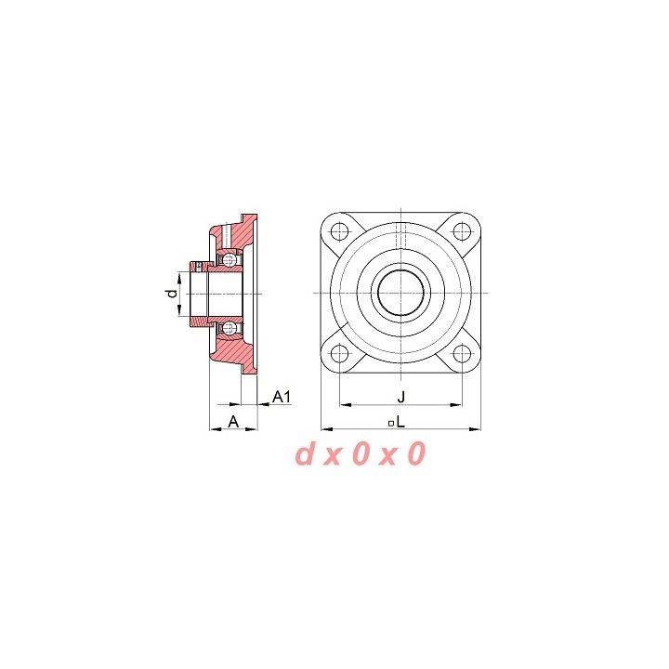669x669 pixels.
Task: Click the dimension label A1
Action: (x=282, y=397)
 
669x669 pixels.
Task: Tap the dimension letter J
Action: (x=401, y=398)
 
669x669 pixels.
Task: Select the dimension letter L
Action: (x=400, y=422)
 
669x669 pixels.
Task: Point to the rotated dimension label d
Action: (x=172, y=294)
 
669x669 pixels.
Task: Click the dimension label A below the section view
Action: (x=233, y=422)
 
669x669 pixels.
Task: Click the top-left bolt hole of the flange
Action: (x=340, y=231)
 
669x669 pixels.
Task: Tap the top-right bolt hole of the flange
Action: (x=461, y=231)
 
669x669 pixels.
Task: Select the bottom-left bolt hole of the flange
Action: (x=340, y=353)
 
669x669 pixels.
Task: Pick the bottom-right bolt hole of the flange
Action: (x=461, y=353)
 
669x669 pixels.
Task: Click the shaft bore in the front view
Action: (x=401, y=293)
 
